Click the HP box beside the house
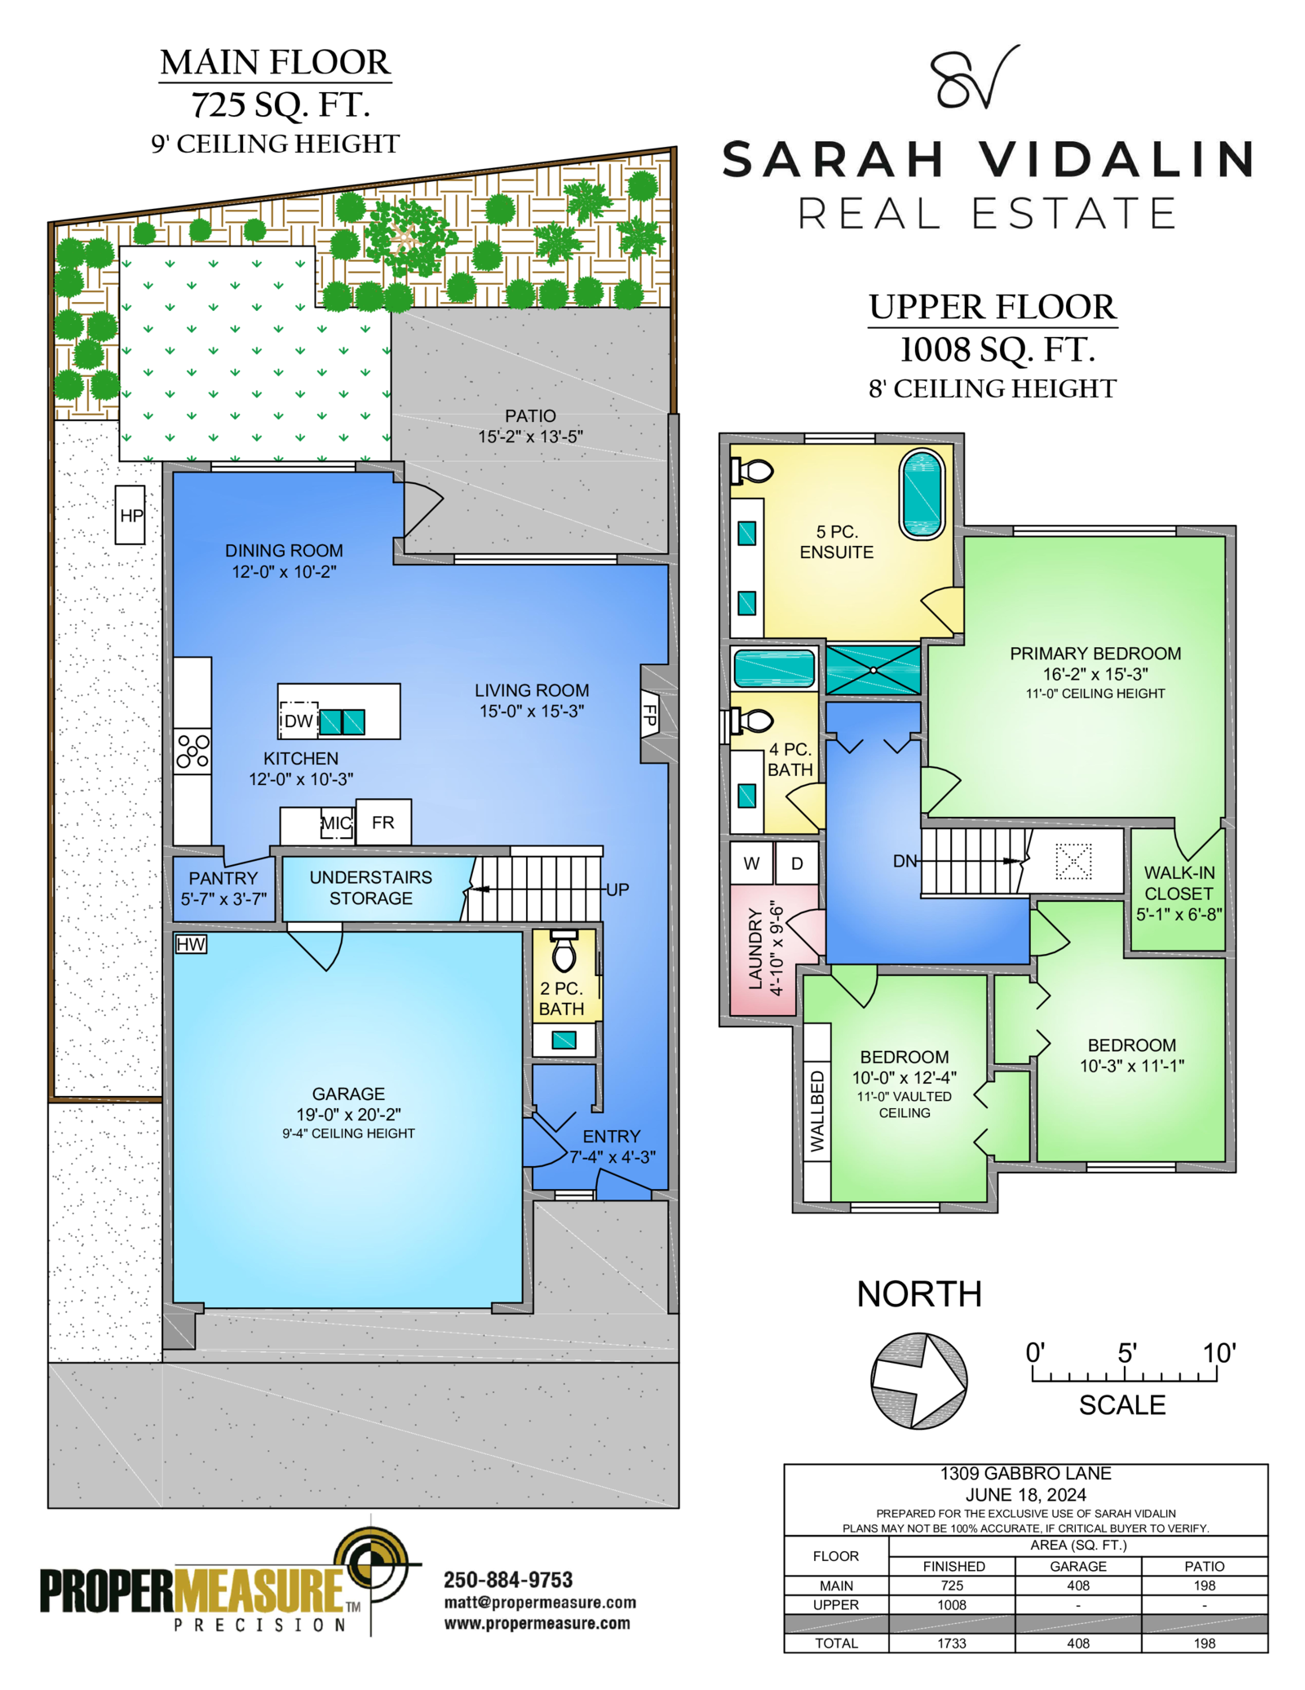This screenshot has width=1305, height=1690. click(130, 515)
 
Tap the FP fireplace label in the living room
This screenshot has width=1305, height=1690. click(650, 714)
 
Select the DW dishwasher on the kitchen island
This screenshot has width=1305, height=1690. click(299, 721)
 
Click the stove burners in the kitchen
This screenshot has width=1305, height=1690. click(192, 751)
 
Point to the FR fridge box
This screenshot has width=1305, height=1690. click(383, 822)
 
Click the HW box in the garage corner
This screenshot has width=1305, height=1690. click(191, 944)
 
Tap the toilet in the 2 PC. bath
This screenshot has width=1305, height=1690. click(564, 951)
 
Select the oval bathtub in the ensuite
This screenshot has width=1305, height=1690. click(922, 495)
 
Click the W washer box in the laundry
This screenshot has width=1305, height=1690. click(751, 863)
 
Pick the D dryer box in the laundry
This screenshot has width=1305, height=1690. click(797, 863)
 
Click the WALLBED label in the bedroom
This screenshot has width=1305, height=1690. click(816, 1111)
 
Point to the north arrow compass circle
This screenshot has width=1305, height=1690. click(919, 1381)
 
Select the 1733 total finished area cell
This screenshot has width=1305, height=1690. click(952, 1643)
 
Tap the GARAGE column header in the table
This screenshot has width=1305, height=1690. click(1078, 1566)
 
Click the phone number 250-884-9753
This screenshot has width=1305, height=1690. click(508, 1580)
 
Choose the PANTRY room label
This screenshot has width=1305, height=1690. click(223, 878)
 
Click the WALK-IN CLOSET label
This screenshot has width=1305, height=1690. click(1179, 883)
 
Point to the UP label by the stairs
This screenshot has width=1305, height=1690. click(617, 889)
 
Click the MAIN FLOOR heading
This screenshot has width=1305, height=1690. click(276, 63)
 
